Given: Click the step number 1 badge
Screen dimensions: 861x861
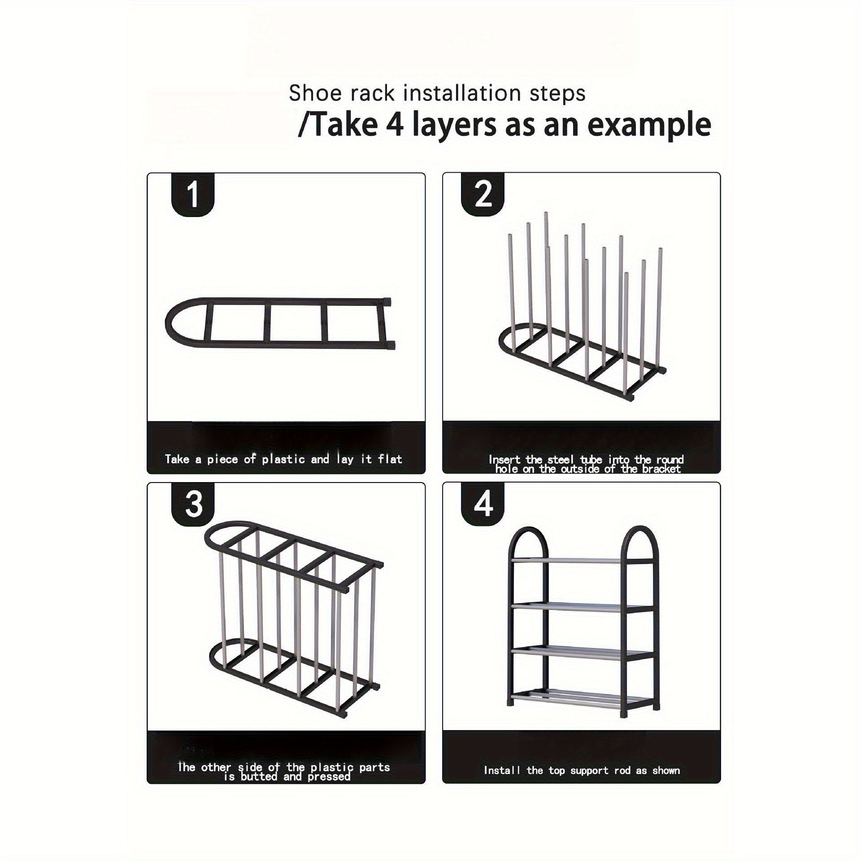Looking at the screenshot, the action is click(193, 195).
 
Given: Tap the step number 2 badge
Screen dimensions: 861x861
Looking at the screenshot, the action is click(483, 195).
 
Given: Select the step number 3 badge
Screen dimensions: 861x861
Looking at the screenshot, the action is click(193, 504).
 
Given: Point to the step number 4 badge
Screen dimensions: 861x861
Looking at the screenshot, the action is click(483, 504).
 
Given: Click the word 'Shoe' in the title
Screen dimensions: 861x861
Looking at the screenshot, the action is click(310, 93).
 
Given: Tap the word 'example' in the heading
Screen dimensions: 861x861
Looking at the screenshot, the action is click(649, 125).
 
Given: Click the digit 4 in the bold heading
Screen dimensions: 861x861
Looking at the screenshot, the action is click(395, 124).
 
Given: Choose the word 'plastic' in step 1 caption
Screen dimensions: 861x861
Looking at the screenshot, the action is click(283, 460).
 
